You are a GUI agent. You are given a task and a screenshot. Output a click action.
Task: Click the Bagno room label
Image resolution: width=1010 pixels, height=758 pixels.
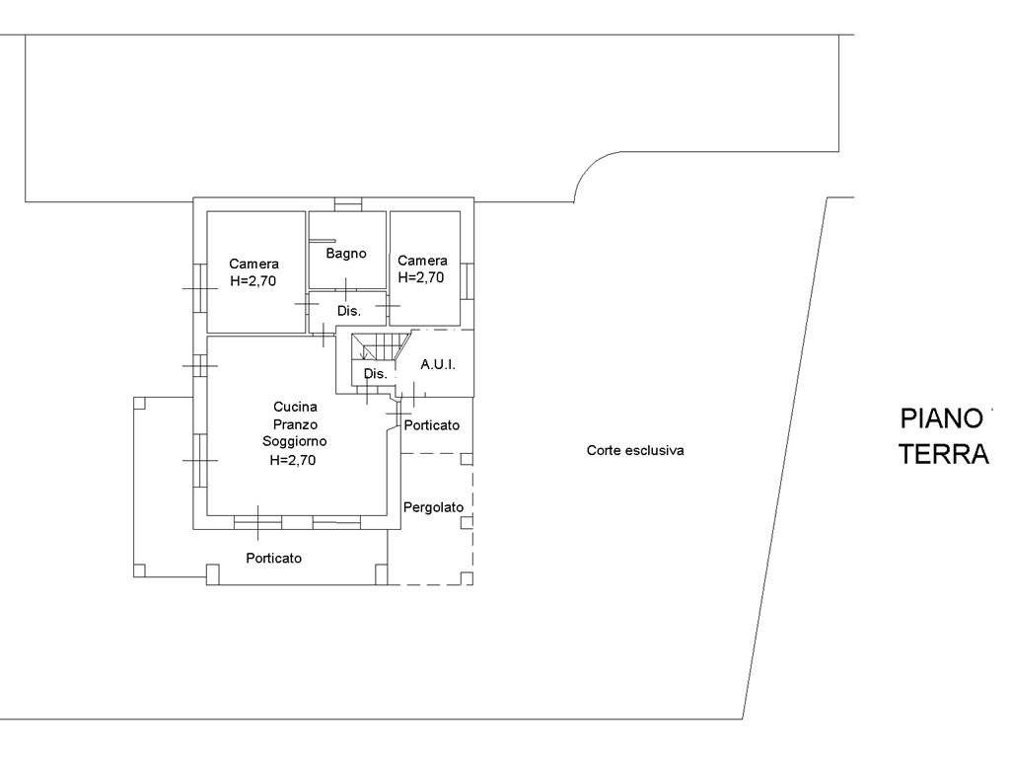pos(346,254)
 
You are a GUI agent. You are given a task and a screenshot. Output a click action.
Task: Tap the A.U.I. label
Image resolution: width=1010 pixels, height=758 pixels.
pos(438,364)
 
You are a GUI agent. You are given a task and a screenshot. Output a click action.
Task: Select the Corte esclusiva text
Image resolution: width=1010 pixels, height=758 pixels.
pos(635,450)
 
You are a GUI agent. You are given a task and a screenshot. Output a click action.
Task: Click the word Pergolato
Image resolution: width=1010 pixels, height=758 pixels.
pos(434,507)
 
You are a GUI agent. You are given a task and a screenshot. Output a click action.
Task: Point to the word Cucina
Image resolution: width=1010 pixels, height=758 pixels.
pos(295,407)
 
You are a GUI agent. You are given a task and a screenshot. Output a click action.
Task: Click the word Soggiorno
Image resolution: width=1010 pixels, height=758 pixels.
pos(294,441)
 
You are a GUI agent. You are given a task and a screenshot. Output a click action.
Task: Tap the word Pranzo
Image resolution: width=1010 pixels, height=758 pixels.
pos(295,424)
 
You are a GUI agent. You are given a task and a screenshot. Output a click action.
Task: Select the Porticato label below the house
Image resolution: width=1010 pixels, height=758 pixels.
pos(274,559)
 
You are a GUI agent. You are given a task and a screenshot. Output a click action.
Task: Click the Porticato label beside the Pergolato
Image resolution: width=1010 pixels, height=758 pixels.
pos(432,425)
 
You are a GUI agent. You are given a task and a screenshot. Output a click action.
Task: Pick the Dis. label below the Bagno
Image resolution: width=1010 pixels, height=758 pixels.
pos(349,311)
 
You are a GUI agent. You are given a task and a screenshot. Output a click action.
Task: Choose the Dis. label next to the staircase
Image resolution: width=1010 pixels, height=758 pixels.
pos(376,373)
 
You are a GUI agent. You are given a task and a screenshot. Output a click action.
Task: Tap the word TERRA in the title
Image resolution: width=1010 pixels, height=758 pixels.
pos(944,454)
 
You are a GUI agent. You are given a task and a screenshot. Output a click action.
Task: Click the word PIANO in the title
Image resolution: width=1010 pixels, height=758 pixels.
pos(941,418)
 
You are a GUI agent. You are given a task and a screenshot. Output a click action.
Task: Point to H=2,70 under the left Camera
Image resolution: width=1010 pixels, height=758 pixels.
pos(253,281)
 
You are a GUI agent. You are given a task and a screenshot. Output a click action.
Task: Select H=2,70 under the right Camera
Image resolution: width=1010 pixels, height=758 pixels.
pos(421,277)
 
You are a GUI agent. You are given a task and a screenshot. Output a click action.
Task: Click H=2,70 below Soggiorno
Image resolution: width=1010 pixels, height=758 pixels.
pos(293,460)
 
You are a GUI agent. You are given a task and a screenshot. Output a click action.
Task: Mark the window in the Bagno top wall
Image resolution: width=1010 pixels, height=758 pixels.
pos(348,204)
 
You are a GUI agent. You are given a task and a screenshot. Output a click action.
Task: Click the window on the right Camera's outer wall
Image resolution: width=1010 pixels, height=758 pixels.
pos(467,280)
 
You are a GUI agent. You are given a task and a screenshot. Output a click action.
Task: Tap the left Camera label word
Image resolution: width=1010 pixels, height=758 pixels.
pos(253,264)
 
